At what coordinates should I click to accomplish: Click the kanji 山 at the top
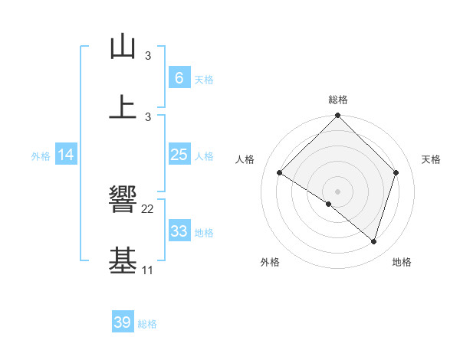[x=123, y=47]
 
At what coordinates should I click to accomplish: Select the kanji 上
[x=123, y=106]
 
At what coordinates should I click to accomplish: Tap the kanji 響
[x=123, y=201]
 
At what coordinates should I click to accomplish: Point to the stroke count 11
[x=148, y=270]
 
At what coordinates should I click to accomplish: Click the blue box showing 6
[x=179, y=77]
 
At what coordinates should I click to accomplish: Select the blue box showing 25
[x=179, y=155]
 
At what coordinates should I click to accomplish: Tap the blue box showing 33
[x=179, y=231]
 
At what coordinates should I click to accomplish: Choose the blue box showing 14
[x=66, y=155]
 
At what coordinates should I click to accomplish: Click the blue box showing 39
[x=122, y=322]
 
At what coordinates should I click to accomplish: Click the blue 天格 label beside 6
[x=204, y=79]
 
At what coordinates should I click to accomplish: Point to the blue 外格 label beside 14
[x=41, y=155]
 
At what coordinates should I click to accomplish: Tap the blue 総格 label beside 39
[x=147, y=324]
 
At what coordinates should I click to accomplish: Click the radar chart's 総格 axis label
[x=337, y=100]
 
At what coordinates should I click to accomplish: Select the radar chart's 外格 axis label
[x=270, y=263]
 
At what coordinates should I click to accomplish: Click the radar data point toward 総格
[x=337, y=116]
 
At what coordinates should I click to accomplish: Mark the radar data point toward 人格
[x=280, y=173]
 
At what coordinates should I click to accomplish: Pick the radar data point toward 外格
[x=329, y=204]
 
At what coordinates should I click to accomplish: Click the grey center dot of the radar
[x=337, y=191]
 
